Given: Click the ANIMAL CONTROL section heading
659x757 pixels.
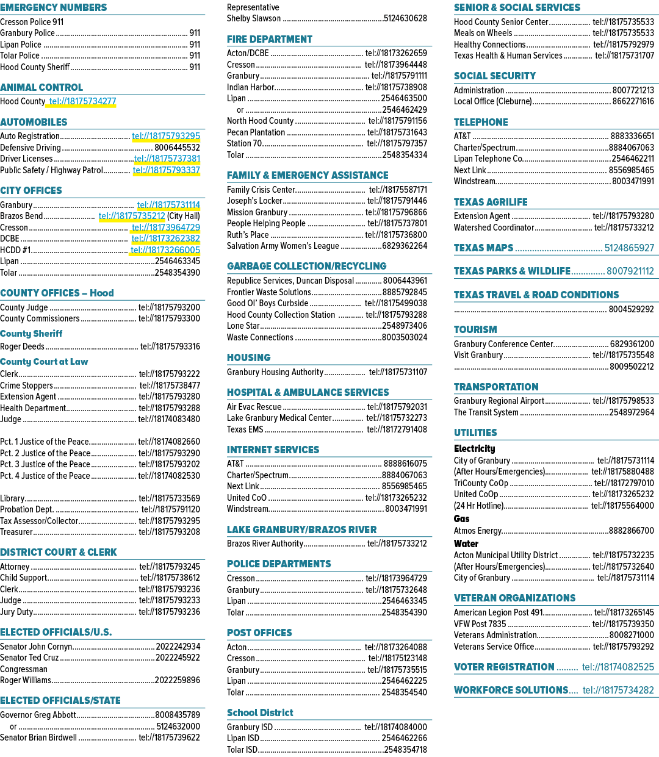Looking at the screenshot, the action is [x=41, y=87].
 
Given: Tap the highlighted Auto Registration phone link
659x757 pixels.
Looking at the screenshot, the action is [x=166, y=136].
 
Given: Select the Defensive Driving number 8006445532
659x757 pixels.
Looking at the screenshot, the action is [x=177, y=148].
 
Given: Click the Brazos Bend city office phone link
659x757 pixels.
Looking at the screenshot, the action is [x=132, y=216].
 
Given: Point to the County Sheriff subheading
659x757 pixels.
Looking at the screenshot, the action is [x=31, y=334].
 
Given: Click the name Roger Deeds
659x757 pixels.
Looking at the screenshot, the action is [x=22, y=346].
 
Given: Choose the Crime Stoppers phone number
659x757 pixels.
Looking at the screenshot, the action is [x=170, y=386].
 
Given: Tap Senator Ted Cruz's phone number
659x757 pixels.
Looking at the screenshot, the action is [x=178, y=658].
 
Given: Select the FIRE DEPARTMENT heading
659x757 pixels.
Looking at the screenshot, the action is [x=269, y=39].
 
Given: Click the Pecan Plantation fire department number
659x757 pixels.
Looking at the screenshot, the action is [x=397, y=132].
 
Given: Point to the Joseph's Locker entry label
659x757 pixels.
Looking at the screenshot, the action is [x=254, y=201].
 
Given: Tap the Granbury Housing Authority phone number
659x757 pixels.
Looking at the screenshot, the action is [x=398, y=372].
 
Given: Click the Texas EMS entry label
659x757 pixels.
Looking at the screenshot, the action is [x=245, y=429].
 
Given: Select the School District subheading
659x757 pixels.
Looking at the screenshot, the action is [x=260, y=713].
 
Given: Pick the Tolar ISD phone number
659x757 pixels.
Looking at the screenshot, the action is [x=406, y=750].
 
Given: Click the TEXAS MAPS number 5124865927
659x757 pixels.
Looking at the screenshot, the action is [x=629, y=248].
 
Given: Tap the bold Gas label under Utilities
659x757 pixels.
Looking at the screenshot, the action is [x=461, y=518].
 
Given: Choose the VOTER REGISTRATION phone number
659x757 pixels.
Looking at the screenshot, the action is [x=618, y=667].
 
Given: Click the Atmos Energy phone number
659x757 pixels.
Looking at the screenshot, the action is [x=632, y=531].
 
